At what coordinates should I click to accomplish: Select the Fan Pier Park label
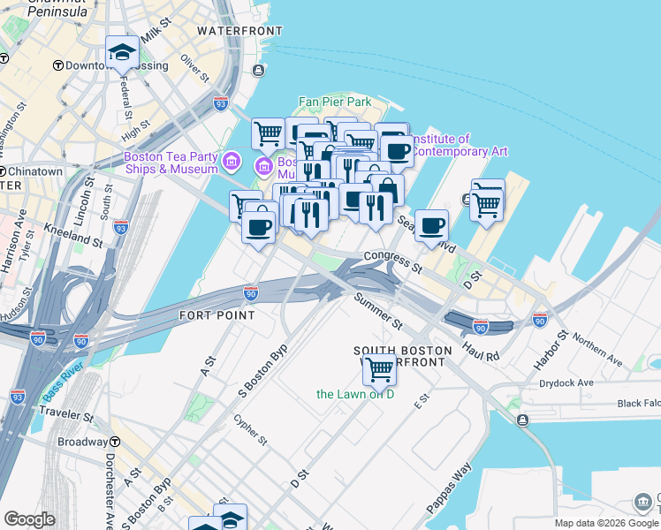335,102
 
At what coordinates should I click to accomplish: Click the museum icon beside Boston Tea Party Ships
232,162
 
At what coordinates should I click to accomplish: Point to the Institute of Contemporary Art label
460,145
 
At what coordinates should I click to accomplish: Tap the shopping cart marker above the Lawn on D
379,368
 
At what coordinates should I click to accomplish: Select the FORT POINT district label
217,315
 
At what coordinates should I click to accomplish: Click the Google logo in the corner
29,519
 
